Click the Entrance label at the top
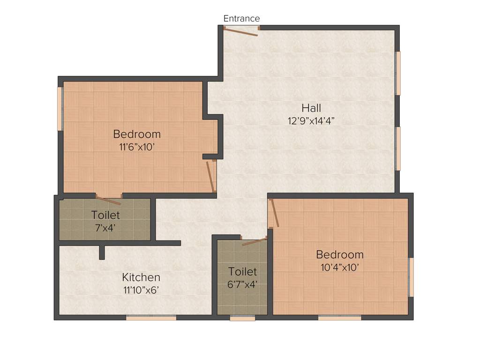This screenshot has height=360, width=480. [241, 19]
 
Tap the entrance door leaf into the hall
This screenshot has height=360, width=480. [240, 31]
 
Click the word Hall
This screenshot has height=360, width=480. [311, 108]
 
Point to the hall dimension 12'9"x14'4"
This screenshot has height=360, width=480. [311, 120]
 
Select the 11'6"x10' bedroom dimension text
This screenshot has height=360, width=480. [137, 147]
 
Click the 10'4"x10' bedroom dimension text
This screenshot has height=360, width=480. [339, 267]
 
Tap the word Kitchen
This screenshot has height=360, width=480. [141, 277]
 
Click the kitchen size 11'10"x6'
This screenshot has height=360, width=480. [141, 290]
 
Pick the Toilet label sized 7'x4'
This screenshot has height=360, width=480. [105, 215]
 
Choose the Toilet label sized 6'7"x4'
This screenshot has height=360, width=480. [242, 271]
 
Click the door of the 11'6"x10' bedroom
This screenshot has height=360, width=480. [211, 177]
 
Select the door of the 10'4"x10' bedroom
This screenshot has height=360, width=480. [274, 212]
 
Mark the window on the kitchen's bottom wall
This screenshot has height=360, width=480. [151, 317]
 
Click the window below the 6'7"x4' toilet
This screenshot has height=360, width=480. [242, 318]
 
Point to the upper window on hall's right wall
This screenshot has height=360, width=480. [398, 73]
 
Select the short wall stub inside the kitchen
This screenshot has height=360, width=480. [102, 252]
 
